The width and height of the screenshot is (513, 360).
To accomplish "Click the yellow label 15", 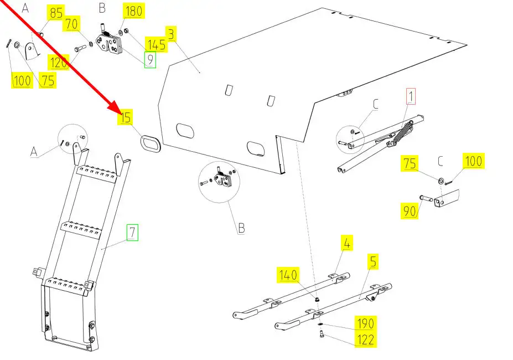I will pos(126,117).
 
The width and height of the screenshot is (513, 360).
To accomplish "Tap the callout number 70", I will pos(72,24).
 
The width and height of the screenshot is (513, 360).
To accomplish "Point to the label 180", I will pos(134,12).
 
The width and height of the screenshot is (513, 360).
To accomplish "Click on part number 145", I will pos(156,44).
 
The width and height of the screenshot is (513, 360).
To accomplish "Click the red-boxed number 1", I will pos(411,96).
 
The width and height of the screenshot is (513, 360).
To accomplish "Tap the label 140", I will pos(288,275).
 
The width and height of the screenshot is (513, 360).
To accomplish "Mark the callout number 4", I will pos(347,243).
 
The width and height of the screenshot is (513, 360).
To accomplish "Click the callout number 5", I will pos(373,261).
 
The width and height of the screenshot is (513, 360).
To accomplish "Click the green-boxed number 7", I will pos(132,233).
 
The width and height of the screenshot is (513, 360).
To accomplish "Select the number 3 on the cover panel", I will pos(172,35).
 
